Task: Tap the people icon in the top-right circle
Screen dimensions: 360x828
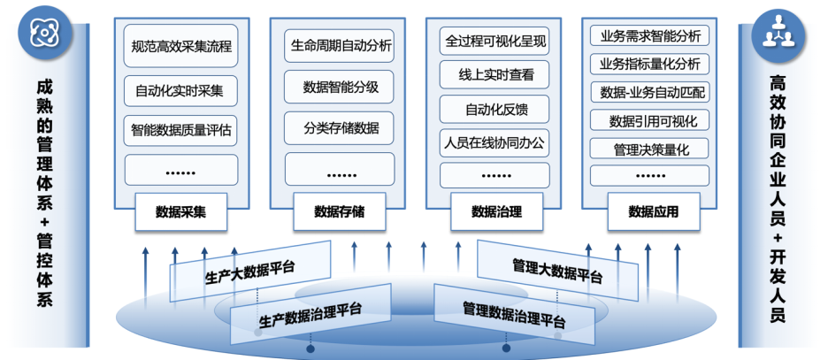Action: (x=778, y=32)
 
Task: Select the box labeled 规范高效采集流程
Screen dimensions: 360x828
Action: (x=181, y=45)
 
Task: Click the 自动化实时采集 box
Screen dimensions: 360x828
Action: (x=181, y=88)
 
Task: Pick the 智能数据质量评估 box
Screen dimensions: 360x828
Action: (x=181, y=129)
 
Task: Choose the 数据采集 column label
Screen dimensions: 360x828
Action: (x=181, y=211)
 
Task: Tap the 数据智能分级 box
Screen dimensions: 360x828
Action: (x=341, y=87)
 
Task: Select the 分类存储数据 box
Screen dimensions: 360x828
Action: (x=341, y=128)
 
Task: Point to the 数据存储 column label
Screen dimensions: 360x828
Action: (x=341, y=211)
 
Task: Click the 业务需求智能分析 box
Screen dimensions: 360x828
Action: (x=650, y=36)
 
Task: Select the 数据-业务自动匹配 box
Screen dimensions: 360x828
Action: (x=650, y=92)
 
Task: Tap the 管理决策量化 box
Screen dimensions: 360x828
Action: (x=650, y=148)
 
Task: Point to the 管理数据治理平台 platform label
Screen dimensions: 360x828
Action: (x=514, y=314)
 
